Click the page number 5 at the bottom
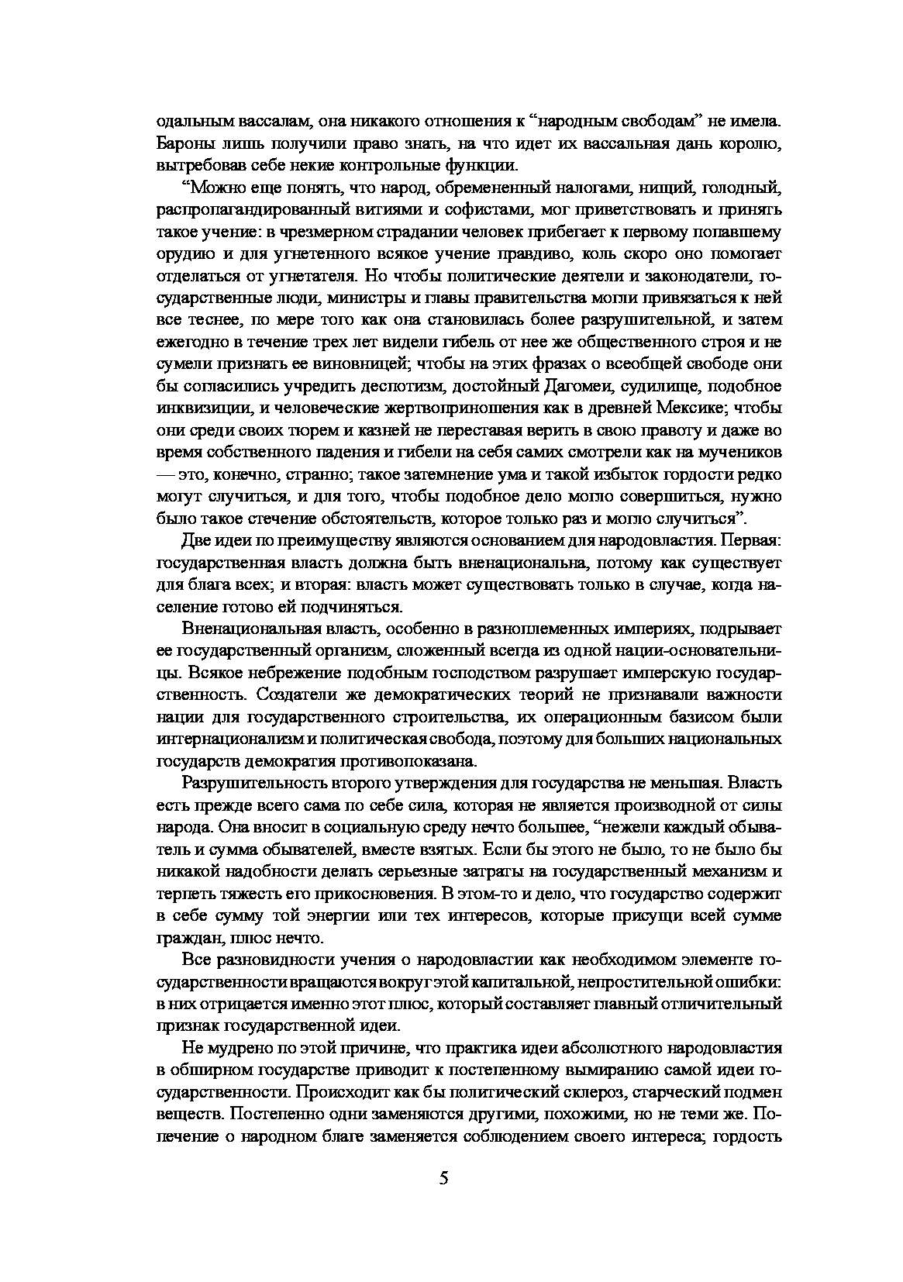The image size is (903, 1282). tap(443, 1179)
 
